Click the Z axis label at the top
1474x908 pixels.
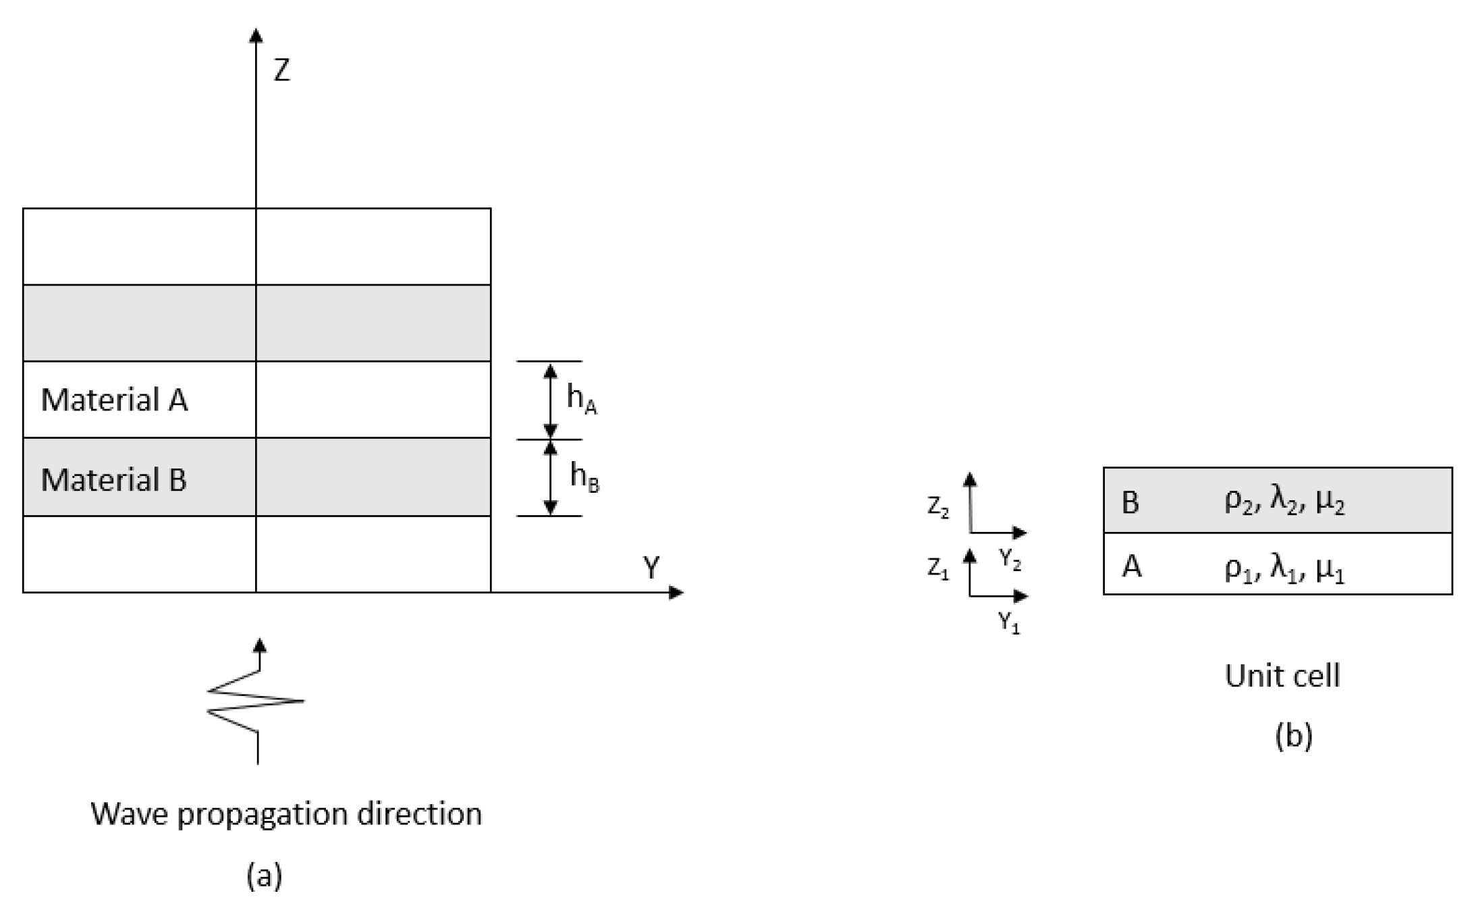[281, 70]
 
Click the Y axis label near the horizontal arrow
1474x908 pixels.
[651, 568]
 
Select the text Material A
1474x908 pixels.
[114, 400]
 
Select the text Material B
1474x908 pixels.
[113, 480]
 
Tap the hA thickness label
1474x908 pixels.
[581, 399]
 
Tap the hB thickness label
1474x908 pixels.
[584, 477]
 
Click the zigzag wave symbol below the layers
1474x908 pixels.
[256, 702]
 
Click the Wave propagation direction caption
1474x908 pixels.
[286, 814]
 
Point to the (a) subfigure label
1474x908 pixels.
[264, 876]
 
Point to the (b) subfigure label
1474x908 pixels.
[1293, 735]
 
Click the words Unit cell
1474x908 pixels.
[1282, 676]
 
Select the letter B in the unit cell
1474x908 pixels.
[1130, 503]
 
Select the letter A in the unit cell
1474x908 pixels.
[1131, 566]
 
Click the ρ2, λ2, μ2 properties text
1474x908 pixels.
[1284, 503]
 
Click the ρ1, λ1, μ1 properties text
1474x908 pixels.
[1284, 567]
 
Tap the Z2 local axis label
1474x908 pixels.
[938, 508]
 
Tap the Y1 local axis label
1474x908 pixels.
[1009, 623]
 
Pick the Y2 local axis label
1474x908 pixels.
[1010, 560]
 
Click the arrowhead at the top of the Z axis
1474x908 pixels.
[256, 35]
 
